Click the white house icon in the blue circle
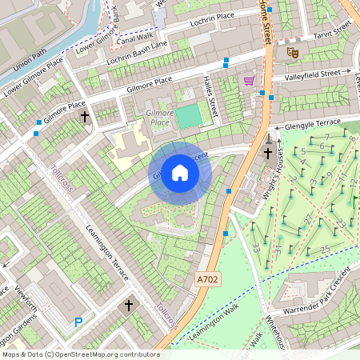point(180,173)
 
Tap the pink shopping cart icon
point(249,81)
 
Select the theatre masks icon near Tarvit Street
point(293,52)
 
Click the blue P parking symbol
point(78,322)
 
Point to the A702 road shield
point(207,280)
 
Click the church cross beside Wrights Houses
point(268,153)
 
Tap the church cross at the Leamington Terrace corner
point(128,305)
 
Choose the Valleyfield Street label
point(317,75)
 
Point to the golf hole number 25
point(325,250)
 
